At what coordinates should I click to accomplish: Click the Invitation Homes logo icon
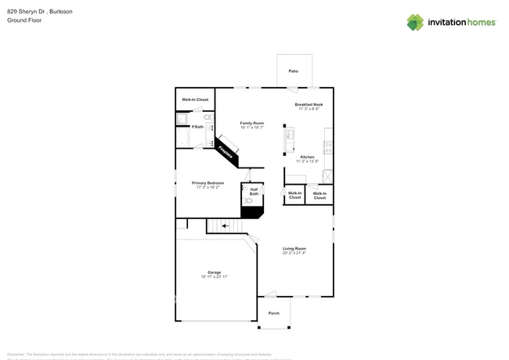tap(415, 23)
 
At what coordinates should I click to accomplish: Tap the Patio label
tap(293, 71)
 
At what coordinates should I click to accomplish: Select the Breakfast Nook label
tap(309, 104)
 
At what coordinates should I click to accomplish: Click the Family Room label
tap(251, 123)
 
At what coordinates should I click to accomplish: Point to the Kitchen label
tap(307, 157)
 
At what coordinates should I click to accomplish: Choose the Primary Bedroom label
tap(208, 183)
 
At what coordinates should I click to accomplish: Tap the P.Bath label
tap(198, 127)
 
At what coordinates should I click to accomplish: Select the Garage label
tap(214, 272)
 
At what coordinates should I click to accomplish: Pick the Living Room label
tap(294, 249)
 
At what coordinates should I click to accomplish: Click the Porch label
tap(273, 313)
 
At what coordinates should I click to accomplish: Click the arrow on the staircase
tap(226, 226)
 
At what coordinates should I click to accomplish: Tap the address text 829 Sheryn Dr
tap(28, 12)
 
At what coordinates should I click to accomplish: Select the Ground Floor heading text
tap(24, 20)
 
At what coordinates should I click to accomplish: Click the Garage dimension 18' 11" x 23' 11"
tap(214, 277)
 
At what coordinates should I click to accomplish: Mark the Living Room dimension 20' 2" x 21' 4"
tap(294, 254)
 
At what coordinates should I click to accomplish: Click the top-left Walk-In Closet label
tap(195, 99)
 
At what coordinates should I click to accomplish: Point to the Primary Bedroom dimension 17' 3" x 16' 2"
tap(208, 188)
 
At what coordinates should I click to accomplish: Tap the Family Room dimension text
tap(251, 128)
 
